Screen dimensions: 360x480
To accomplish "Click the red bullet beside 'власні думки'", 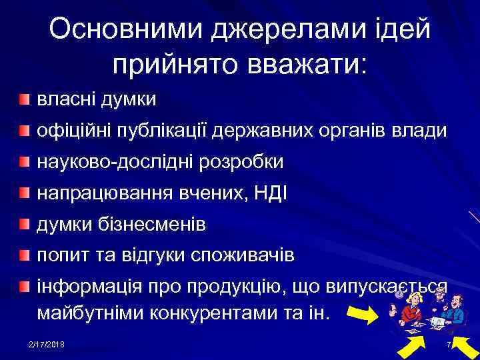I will (x=24, y=100).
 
